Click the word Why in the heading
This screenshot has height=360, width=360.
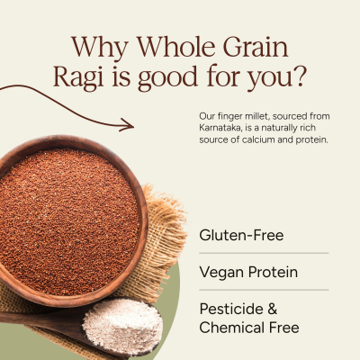click(x=97, y=47)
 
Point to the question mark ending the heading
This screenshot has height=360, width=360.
click(x=302, y=78)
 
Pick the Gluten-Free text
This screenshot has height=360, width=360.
click(x=241, y=236)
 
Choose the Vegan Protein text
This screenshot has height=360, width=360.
click(x=248, y=272)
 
